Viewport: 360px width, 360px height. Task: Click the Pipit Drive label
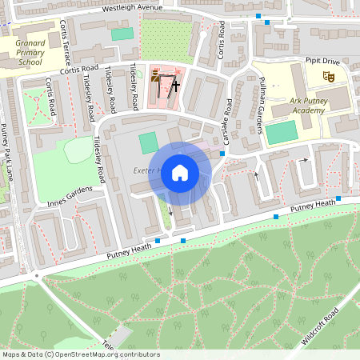[322, 60]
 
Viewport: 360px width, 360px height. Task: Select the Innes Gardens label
[76, 194]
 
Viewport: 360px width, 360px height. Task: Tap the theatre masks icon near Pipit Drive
[327, 76]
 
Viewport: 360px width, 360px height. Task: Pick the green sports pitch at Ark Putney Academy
[281, 133]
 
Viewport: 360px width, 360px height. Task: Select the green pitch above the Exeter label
[149, 143]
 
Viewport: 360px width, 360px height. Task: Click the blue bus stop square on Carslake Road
[222, 153]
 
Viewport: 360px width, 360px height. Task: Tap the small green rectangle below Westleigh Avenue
[122, 34]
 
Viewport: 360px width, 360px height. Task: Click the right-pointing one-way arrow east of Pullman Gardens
[304, 160]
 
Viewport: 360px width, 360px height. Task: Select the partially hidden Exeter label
[149, 171]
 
